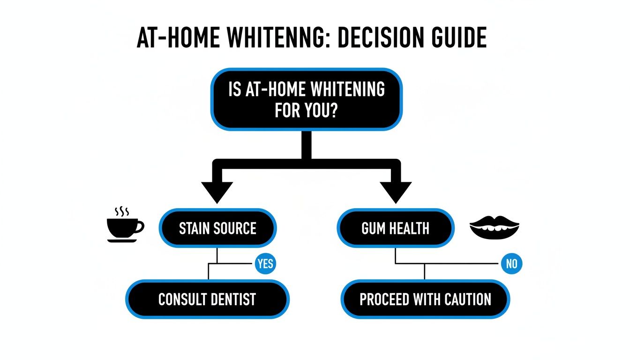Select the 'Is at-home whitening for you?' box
307,99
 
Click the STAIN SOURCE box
217,228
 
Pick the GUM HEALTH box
396,228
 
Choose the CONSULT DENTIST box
207,299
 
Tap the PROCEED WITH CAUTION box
425,299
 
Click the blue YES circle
265,263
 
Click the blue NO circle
511,263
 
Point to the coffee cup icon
123,227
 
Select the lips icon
494,227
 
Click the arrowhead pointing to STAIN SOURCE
217,192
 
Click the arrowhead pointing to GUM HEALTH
395,192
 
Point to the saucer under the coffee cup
122,240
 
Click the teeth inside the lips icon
494,228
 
